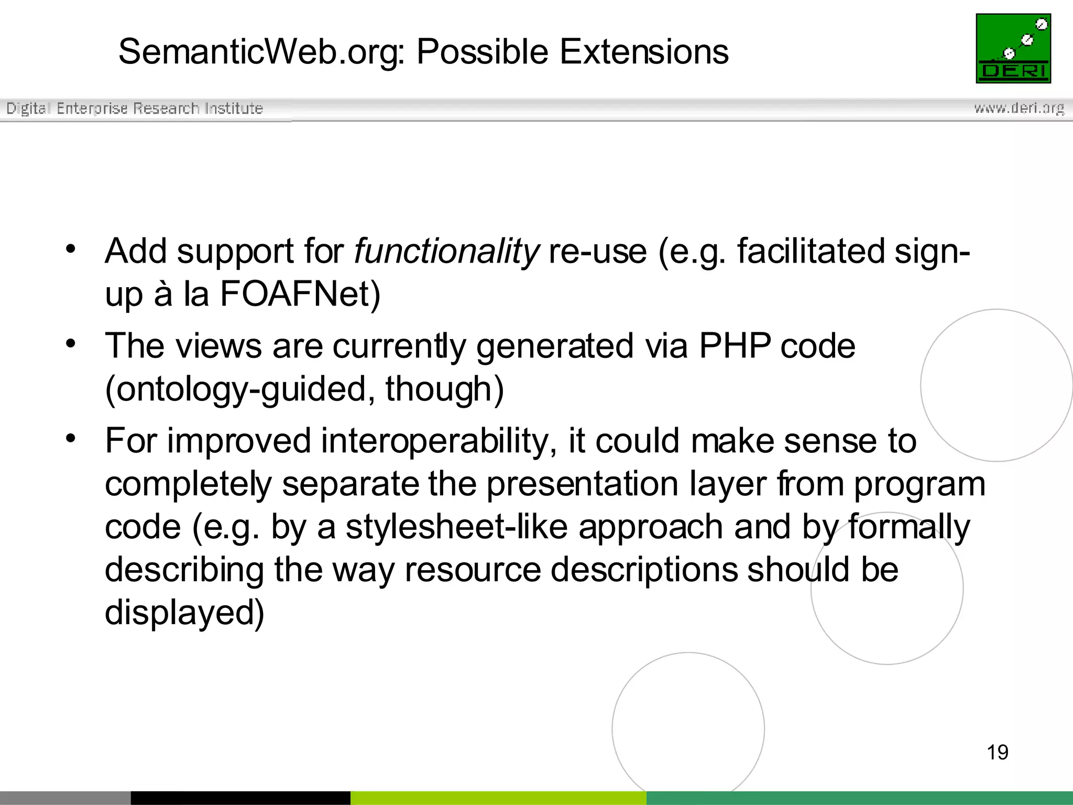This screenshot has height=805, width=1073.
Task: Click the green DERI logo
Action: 1013,48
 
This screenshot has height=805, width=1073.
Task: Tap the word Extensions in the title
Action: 644,52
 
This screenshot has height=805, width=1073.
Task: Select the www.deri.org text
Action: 1019,108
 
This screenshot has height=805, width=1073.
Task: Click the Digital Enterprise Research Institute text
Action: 135,108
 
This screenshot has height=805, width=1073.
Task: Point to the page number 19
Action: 997,752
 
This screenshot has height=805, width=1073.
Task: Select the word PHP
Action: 735,346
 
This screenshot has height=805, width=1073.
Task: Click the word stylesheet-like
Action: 456,527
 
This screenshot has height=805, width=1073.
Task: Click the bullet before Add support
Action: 71,248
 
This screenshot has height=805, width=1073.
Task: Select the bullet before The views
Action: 71,344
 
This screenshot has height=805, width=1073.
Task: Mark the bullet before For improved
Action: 71,438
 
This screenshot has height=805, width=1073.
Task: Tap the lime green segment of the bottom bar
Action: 498,798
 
